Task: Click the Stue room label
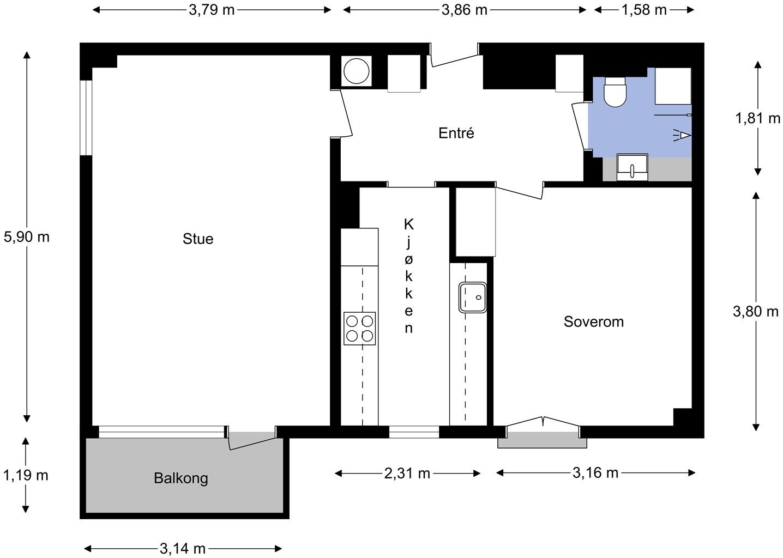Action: click(x=198, y=239)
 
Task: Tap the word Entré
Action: click(x=456, y=133)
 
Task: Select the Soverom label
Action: click(x=594, y=322)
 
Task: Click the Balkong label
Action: click(x=180, y=478)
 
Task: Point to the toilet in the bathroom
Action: click(x=615, y=92)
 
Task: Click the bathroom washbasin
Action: click(x=632, y=167)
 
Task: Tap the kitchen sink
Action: click(x=473, y=298)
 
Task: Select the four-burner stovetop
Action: click(x=359, y=329)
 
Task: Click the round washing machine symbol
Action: click(x=356, y=71)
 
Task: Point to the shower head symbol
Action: click(x=682, y=135)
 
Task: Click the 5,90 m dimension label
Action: click(x=27, y=237)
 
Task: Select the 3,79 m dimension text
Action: click(x=212, y=10)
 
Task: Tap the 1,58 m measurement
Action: click(x=644, y=10)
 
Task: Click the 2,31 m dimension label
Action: click(x=407, y=474)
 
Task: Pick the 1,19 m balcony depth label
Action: click(x=26, y=475)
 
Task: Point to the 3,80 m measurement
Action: click(x=756, y=311)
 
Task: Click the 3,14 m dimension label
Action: click(x=183, y=549)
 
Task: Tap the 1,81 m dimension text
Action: click(x=757, y=118)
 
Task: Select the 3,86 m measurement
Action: click(x=464, y=10)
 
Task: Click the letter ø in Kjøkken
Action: click(x=409, y=259)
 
